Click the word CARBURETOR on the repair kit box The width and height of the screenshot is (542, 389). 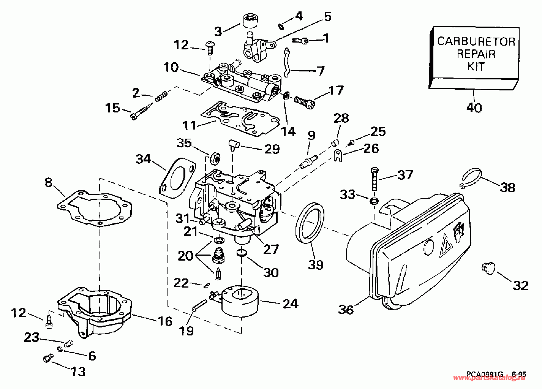coord(476,42)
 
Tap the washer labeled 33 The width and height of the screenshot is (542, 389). coord(374,201)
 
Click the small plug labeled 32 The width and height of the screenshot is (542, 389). coord(487,269)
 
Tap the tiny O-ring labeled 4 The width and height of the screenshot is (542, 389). coord(281,26)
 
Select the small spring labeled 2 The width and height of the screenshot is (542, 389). coord(161,96)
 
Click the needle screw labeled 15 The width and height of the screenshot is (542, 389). coord(142,111)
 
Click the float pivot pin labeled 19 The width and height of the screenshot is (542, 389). coord(199,305)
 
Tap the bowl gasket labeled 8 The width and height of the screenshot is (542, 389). coord(95,208)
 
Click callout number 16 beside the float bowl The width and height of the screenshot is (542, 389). coord(165,321)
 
